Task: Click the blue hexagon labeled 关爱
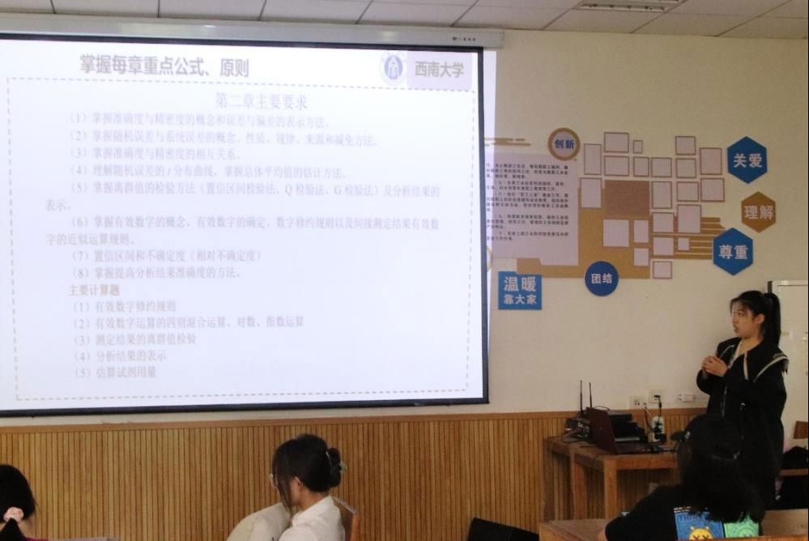[747, 160]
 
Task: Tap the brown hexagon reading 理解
[758, 211]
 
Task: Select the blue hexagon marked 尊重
[733, 251]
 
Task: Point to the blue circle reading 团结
[601, 278]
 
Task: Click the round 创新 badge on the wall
[564, 144]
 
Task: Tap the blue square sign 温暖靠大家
[520, 291]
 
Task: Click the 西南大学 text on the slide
[439, 70]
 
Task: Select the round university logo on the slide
[394, 68]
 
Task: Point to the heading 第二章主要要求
[260, 102]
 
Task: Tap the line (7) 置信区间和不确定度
[166, 255]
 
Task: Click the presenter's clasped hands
[713, 364]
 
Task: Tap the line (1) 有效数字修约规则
[124, 306]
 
